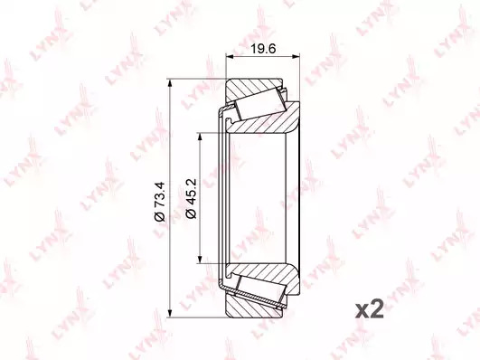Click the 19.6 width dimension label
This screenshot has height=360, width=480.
coord(263,49)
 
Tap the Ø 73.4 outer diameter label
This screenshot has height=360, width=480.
coord(160,202)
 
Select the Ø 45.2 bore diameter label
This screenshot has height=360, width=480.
coord(191,198)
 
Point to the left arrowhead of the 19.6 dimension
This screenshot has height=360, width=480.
coord(230,56)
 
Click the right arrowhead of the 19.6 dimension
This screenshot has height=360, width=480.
coord(295,56)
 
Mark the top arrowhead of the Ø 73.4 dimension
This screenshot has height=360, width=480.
coord(169,83)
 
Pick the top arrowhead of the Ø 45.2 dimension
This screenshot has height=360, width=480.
coord(200,137)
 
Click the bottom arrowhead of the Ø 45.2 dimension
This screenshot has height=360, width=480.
coord(200,260)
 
